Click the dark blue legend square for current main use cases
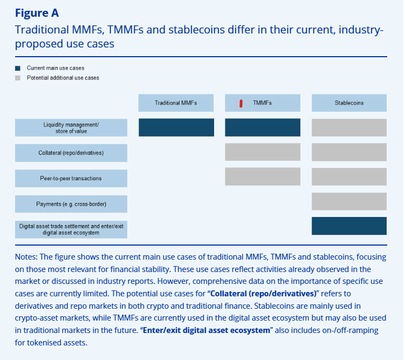18,69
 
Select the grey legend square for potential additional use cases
18,78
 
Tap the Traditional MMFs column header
176,103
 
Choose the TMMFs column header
262,103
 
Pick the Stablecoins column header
349,103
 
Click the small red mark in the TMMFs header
241,103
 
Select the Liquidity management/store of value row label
71,127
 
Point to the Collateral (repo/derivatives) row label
71,153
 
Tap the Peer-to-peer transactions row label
71,178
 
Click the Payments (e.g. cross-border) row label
71,204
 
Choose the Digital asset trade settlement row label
71,229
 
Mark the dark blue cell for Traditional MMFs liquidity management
176,127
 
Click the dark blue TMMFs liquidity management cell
262,127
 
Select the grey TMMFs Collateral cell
262,152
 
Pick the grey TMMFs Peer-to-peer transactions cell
262,176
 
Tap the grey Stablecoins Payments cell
349,201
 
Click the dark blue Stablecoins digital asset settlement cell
349,226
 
